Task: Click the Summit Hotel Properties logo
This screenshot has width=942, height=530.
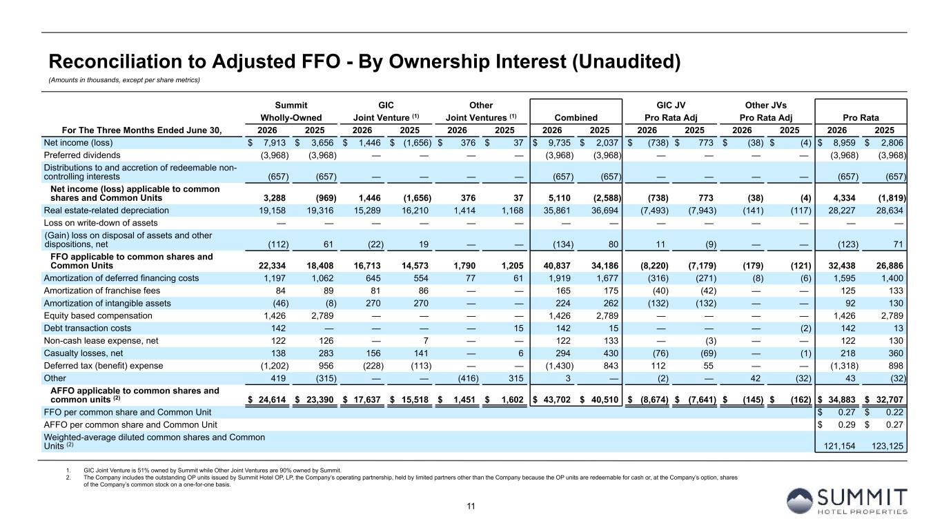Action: tap(847, 501)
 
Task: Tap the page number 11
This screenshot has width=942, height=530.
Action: tap(471, 506)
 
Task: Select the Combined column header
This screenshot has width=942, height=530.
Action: tap(576, 118)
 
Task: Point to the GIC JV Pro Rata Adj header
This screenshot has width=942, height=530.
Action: tap(671, 112)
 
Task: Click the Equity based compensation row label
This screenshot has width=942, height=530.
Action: tap(98, 316)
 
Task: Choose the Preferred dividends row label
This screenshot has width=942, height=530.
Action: tap(82, 155)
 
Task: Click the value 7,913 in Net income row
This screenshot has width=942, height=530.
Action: tap(274, 143)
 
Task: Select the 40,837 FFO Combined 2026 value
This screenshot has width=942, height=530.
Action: tap(557, 266)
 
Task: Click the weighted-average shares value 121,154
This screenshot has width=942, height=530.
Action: tap(839, 446)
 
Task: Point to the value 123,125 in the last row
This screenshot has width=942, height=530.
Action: tap(887, 446)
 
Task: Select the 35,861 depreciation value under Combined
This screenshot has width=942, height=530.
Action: tap(557, 210)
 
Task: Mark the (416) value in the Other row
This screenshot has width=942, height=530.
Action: tap(468, 379)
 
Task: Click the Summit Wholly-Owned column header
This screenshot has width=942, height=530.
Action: tap(291, 112)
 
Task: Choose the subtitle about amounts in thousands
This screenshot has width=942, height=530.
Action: tap(124, 80)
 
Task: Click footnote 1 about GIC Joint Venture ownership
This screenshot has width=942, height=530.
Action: tap(213, 471)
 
